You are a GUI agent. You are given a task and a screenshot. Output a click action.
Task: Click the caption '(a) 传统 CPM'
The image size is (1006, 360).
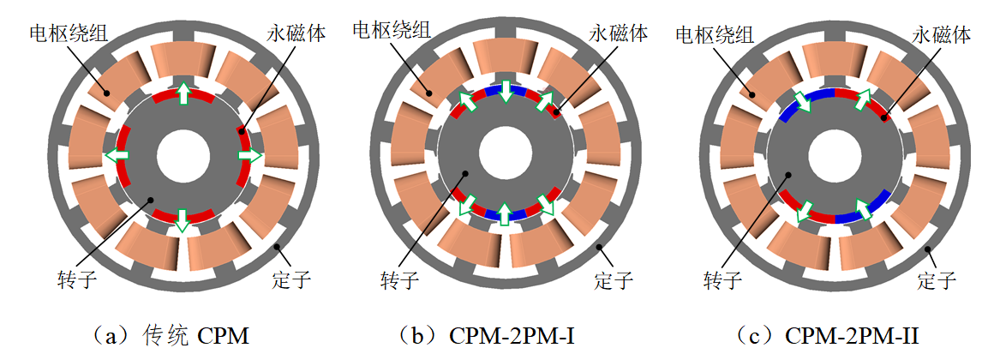coord(179,336)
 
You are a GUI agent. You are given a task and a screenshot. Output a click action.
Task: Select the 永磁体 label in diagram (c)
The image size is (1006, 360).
coord(941,35)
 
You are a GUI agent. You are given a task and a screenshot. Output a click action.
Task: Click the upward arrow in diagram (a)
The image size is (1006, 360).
coord(183,93)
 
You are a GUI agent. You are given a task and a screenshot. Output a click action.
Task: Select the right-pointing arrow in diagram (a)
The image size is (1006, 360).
coord(250,155)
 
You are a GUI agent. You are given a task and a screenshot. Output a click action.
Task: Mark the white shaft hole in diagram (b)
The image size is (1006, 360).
coord(505,154)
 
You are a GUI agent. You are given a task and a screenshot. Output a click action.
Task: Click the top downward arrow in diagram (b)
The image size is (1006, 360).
coord(506,90)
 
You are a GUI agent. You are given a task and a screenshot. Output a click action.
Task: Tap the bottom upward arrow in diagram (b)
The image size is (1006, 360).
coord(505,213)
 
